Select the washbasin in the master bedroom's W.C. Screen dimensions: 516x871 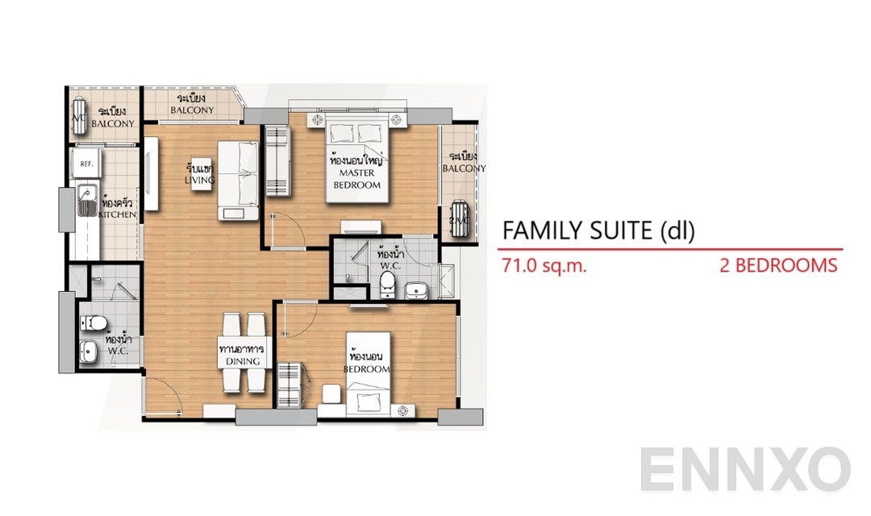pos(418,289)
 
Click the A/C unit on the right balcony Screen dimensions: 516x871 pos(458,218)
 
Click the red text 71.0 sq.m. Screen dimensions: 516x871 pos(544,265)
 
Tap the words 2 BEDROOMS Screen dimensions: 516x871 pos(778,265)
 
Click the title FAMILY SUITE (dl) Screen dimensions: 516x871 pos(598,231)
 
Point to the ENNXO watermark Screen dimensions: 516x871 pos(746,470)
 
